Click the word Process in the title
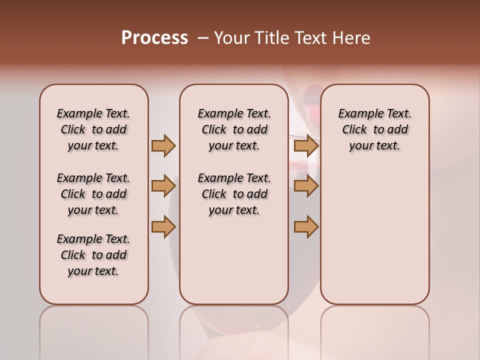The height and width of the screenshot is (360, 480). tap(154, 38)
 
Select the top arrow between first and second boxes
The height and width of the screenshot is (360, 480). tap(163, 145)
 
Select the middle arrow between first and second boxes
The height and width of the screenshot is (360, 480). tap(163, 186)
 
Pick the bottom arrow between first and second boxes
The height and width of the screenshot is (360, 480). tap(163, 227)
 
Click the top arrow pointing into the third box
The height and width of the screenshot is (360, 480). tap(306, 145)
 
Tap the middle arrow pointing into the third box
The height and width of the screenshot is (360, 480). tap(306, 186)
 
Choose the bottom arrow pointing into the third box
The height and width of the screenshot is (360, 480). tap(306, 227)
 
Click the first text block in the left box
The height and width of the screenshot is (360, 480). tap(93, 129)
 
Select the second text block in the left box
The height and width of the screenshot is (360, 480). tap(93, 194)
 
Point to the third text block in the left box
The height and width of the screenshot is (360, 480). tap(93, 255)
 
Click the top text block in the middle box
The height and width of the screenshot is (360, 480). tap(234, 129)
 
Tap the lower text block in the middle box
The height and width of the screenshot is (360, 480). tap(234, 194)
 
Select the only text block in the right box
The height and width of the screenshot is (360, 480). tap(374, 129)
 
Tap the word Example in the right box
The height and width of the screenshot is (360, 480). tap(357, 114)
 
